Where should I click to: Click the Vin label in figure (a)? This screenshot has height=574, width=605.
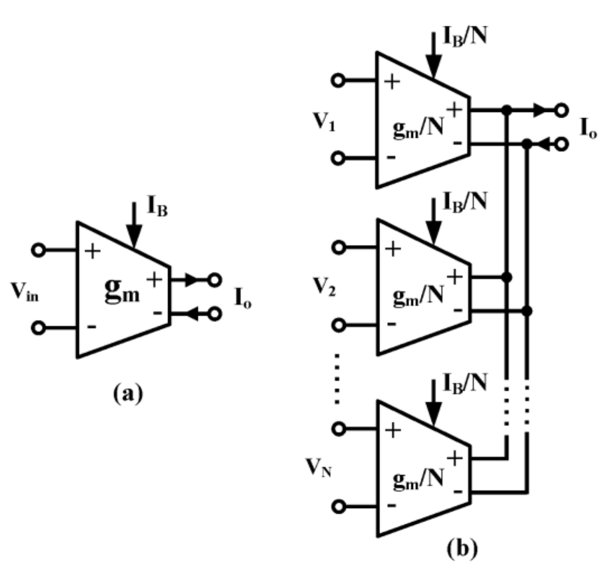pyautogui.click(x=24, y=292)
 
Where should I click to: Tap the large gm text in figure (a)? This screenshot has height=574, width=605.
pyautogui.click(x=122, y=291)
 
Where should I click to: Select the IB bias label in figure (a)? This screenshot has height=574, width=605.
pyautogui.click(x=157, y=206)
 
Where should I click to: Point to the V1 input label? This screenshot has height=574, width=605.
pyautogui.click(x=324, y=122)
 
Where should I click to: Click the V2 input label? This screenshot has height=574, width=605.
pyautogui.click(x=324, y=287)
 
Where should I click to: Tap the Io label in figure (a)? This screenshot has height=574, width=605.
pyautogui.click(x=242, y=298)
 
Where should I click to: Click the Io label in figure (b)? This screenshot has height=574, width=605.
pyautogui.click(x=588, y=128)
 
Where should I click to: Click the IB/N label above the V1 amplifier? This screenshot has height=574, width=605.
pyautogui.click(x=465, y=37)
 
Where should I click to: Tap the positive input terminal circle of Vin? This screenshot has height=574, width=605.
pyautogui.click(x=38, y=250)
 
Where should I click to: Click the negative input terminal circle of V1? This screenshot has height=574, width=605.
pyautogui.click(x=338, y=158)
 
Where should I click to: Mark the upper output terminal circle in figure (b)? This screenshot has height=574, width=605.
pyautogui.click(x=562, y=110)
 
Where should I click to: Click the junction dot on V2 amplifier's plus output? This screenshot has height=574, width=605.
pyautogui.click(x=507, y=277)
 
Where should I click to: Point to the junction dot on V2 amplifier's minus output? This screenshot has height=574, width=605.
pyautogui.click(x=527, y=310)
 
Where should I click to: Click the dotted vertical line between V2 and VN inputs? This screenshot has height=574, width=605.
pyautogui.click(x=337, y=378)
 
